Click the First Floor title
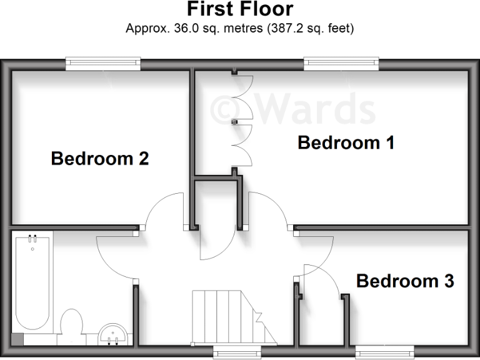tap(240, 9)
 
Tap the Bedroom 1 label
tap(346, 142)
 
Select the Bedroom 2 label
tap(100, 158)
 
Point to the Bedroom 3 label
tap(405, 281)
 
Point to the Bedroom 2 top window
tap(104, 62)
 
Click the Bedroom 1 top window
tap(341, 62)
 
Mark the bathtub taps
tap(32, 239)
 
